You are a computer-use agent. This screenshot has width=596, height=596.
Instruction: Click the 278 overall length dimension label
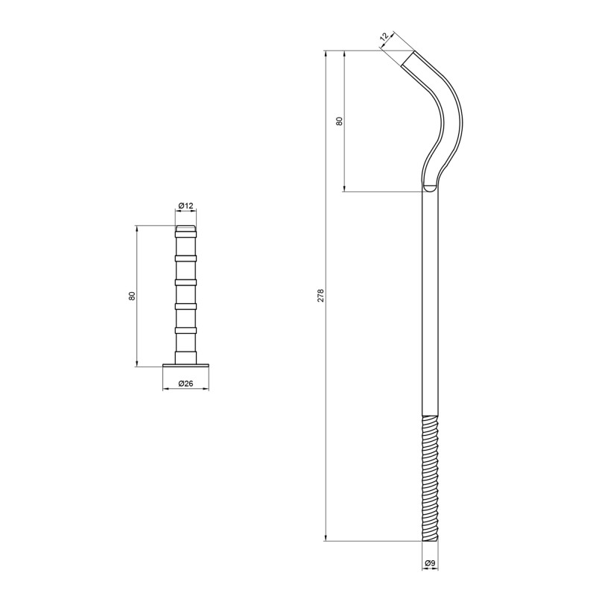click(321, 295)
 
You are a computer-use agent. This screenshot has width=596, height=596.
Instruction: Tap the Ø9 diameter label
click(430, 563)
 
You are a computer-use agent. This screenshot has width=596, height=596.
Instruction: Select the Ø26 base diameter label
click(186, 384)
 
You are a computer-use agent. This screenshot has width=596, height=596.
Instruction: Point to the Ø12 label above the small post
click(186, 206)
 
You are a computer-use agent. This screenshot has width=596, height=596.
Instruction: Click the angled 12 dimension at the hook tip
click(384, 37)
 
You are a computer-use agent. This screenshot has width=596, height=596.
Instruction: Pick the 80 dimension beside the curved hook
click(340, 121)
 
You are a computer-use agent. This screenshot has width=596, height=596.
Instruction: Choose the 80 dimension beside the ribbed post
click(132, 296)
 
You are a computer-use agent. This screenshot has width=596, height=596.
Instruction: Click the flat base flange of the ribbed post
click(186, 365)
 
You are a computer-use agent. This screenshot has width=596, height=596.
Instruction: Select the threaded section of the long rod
click(431, 478)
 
